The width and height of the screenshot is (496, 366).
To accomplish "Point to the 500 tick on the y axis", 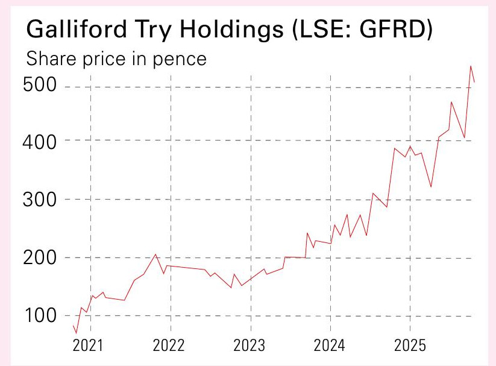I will click(x=39, y=86).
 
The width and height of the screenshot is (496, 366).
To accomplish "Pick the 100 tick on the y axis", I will click(x=39, y=317).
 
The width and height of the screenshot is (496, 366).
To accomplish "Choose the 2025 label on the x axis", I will click(x=410, y=346).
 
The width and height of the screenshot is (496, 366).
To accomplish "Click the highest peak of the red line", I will click(x=471, y=66).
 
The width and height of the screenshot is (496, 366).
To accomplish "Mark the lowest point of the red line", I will click(x=77, y=333).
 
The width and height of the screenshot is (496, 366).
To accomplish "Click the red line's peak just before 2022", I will click(x=155, y=254).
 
